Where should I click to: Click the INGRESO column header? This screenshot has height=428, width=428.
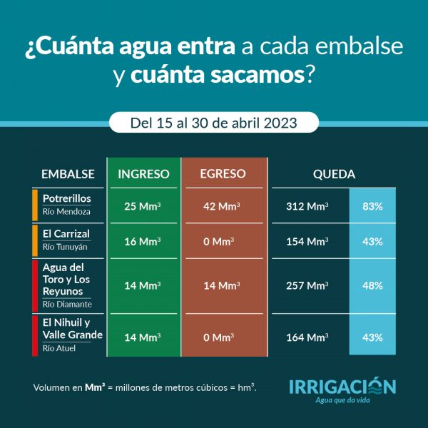(143, 173)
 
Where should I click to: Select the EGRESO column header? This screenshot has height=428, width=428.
(223, 173)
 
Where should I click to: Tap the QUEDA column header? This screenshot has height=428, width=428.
(334, 173)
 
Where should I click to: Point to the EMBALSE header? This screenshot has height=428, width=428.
(68, 174)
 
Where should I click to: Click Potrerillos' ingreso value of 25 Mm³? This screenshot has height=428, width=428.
(143, 206)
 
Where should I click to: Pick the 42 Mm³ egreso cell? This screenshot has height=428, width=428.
(223, 206)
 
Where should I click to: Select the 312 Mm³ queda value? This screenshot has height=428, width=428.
(307, 206)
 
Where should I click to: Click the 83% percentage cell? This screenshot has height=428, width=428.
(372, 206)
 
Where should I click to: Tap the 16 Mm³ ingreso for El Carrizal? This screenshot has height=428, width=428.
(143, 241)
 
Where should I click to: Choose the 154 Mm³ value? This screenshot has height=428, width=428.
(307, 241)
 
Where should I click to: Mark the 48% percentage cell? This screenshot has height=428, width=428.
(372, 285)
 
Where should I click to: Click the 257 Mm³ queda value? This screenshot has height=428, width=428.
(307, 285)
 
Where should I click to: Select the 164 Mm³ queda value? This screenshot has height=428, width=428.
(307, 337)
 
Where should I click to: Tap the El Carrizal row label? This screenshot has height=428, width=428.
(66, 233)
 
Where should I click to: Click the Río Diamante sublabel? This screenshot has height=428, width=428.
(66, 304)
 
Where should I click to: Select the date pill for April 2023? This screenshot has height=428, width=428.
(214, 122)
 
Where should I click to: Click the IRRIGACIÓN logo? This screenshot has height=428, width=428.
(342, 387)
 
